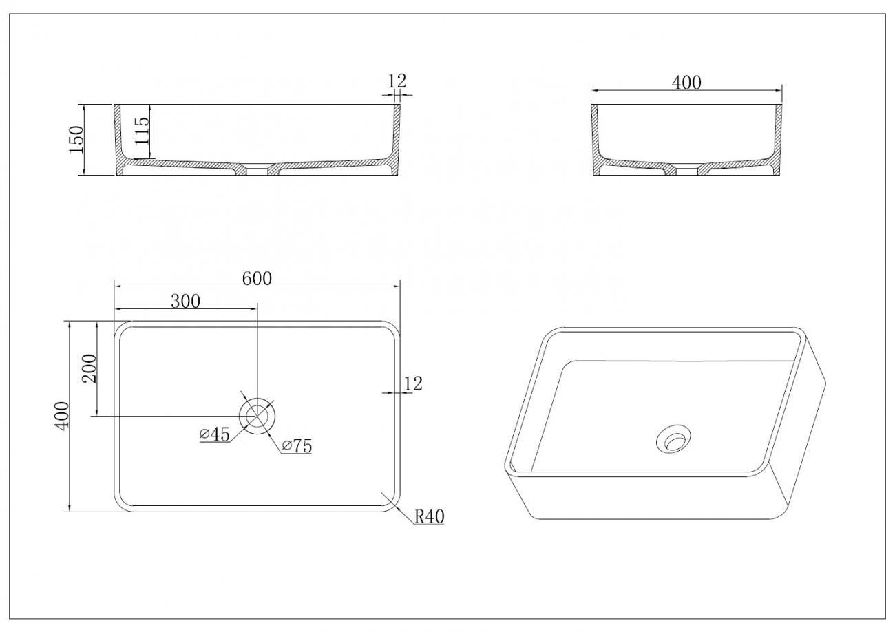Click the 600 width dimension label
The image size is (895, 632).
tap(257, 278)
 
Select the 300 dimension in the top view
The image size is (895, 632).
tap(185, 301)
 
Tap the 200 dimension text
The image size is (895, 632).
tap(89, 368)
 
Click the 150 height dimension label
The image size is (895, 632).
tap(76, 140)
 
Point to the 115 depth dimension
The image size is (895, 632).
tap(142, 131)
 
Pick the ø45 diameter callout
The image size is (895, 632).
tap(215, 434)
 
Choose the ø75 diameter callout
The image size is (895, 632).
tap(297, 446)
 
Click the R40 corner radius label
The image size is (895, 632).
tap(429, 516)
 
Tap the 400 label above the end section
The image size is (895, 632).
tap(686, 83)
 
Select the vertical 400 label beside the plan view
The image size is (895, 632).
tap(62, 416)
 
